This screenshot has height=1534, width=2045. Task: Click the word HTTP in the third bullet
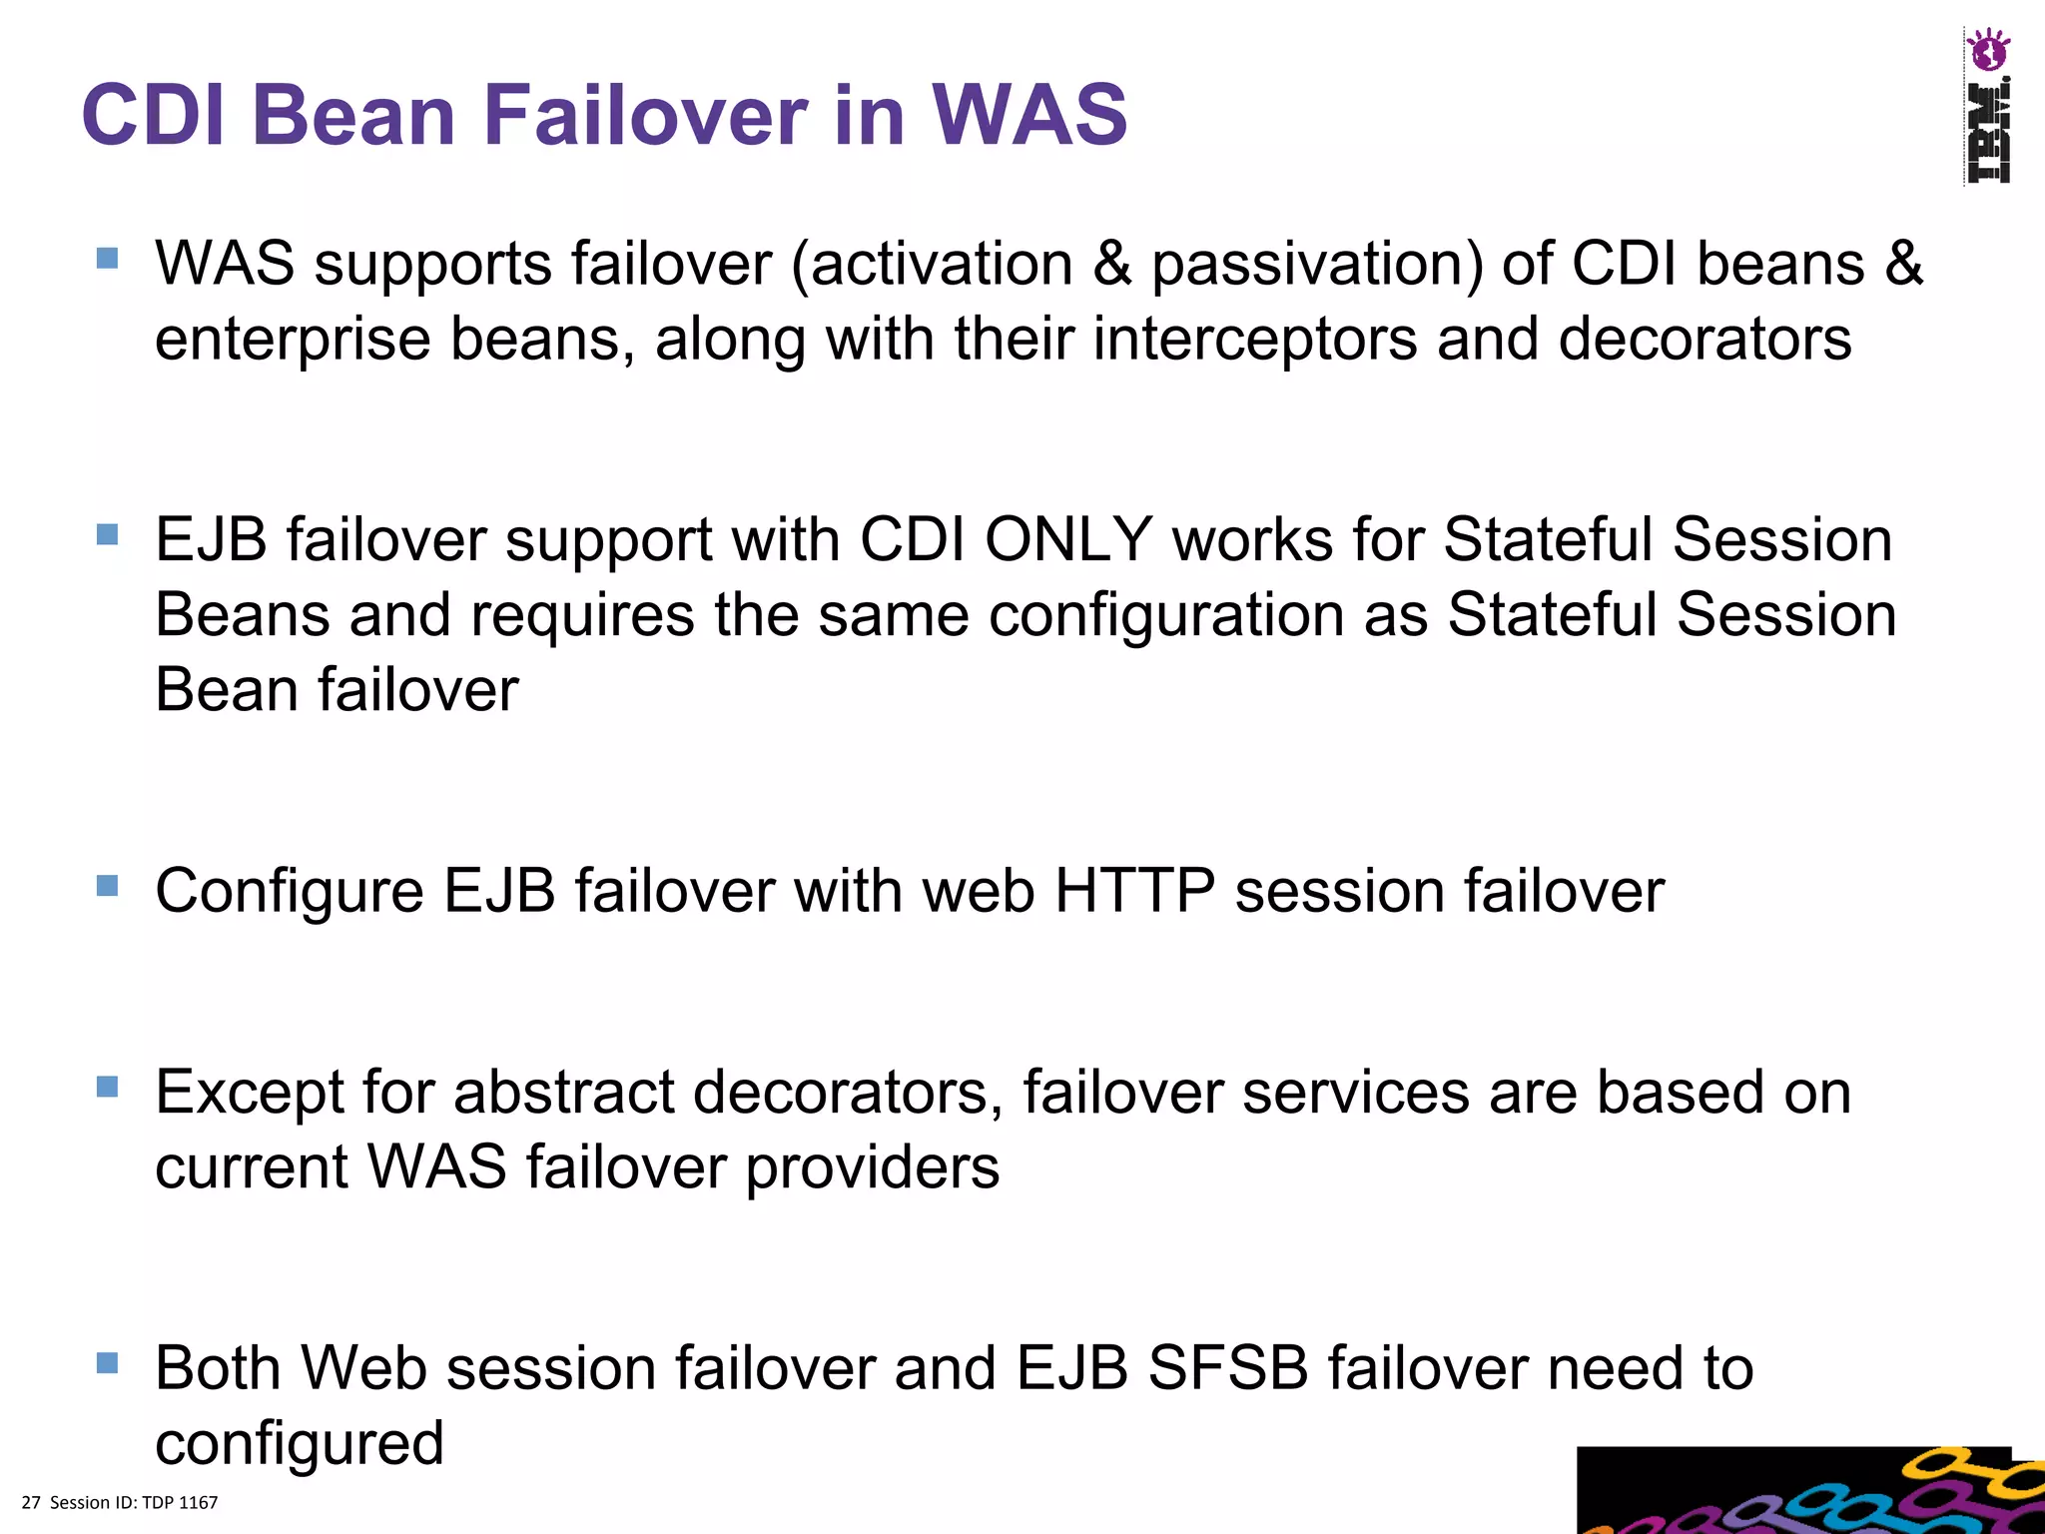click(1134, 890)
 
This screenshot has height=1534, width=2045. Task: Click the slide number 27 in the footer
click(31, 1502)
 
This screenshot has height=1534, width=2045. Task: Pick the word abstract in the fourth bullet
click(563, 1092)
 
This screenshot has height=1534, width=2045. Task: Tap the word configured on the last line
click(300, 1443)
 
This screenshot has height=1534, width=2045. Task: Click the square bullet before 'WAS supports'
click(108, 259)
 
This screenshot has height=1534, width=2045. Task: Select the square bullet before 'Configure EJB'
click(108, 885)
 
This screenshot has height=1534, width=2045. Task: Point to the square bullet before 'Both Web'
click(108, 1362)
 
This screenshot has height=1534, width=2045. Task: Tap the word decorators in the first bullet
click(1704, 339)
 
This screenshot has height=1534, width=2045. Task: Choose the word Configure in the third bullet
click(290, 890)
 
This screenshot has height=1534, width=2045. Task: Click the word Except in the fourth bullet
click(249, 1092)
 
